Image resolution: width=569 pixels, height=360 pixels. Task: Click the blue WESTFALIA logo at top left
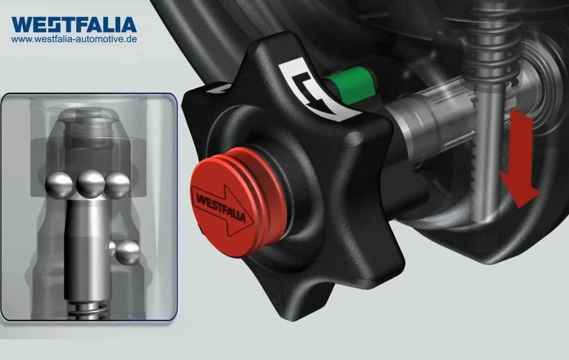tap(74, 25)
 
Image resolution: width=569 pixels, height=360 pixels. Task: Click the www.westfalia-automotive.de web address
tap(74, 39)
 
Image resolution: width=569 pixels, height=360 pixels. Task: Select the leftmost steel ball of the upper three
tap(59, 185)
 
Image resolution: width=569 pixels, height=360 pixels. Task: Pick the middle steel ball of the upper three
tap(90, 184)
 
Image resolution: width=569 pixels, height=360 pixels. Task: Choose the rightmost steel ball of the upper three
tap(117, 185)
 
